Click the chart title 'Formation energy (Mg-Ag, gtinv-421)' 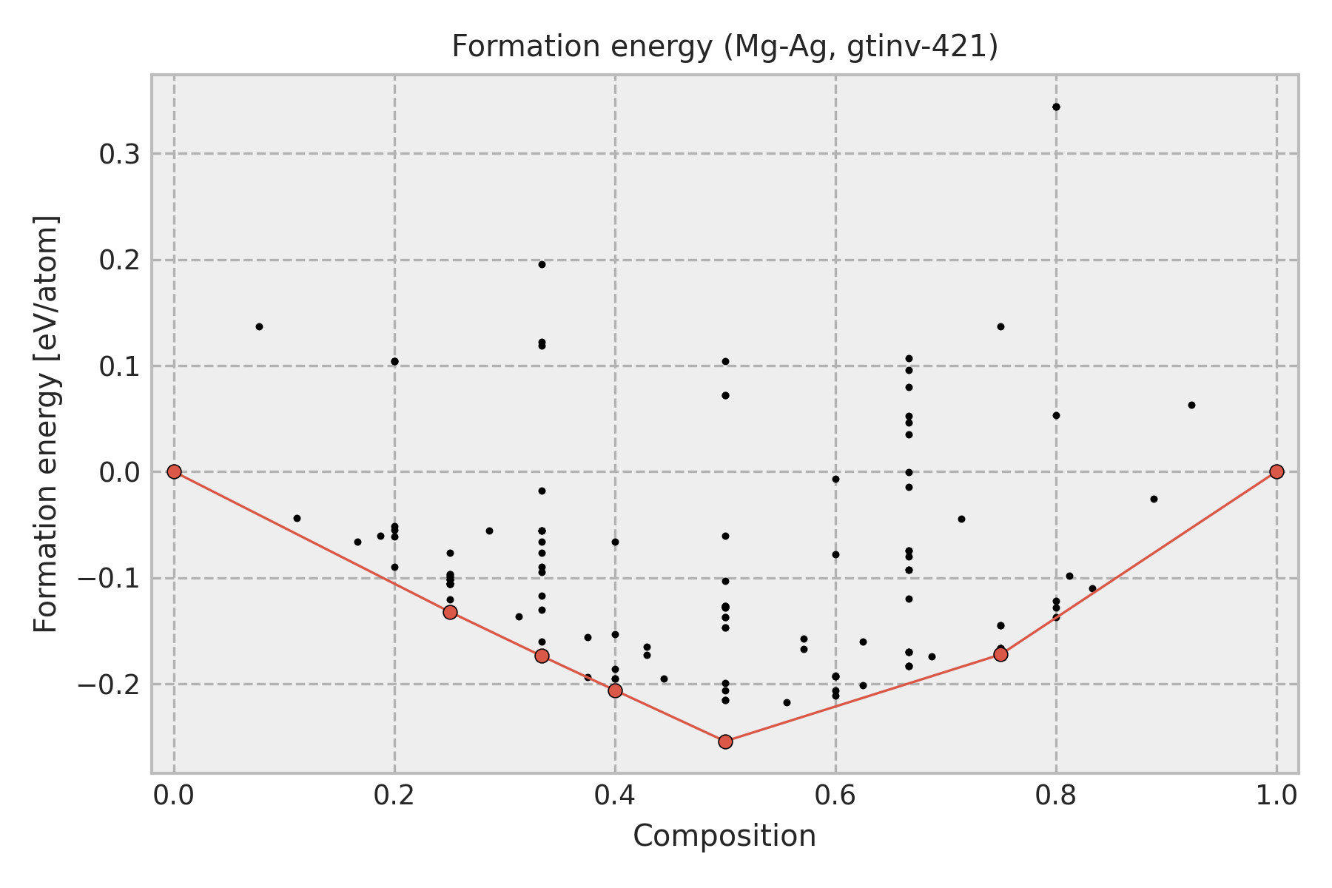[724, 47]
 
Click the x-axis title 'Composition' [724, 836]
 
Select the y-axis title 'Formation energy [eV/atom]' [47, 424]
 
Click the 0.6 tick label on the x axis [835, 795]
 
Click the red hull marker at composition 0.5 [725, 741]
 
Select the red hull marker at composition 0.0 [174, 471]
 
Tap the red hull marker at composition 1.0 [1276, 471]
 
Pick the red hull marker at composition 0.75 [1000, 654]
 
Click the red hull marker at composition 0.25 [450, 612]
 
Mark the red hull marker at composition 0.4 [615, 690]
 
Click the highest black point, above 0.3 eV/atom [1056, 107]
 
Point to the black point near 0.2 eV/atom [542, 264]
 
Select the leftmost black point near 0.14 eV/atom [259, 326]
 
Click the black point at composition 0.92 [1191, 405]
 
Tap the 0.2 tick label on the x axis [394, 795]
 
